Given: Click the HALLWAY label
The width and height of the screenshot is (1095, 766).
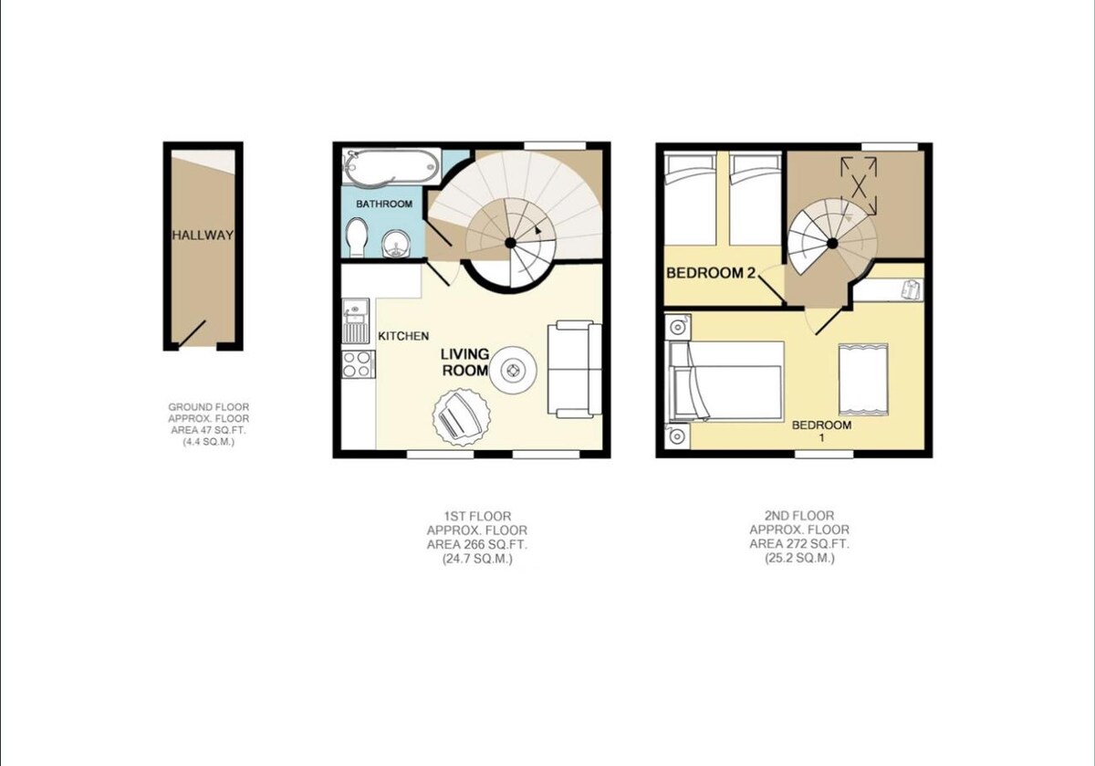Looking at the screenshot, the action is click(203, 236).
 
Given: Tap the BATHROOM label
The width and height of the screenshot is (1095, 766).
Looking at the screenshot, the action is click(384, 204).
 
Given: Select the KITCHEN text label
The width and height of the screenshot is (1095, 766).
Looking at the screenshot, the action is click(403, 336).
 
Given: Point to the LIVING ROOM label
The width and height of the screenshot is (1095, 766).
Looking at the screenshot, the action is click(464, 362).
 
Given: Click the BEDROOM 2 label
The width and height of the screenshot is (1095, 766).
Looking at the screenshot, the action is click(711, 273).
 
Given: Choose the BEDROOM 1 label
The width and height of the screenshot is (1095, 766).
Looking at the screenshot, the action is click(822, 431).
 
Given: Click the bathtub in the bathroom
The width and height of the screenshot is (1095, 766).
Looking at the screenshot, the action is click(391, 167).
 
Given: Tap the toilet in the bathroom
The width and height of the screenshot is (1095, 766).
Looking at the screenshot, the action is click(356, 237).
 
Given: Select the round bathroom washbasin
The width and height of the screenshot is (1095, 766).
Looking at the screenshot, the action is click(397, 244).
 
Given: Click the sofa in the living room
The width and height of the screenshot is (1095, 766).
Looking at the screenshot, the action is click(575, 369).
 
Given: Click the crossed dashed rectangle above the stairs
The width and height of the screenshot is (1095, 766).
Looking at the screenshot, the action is click(859, 186).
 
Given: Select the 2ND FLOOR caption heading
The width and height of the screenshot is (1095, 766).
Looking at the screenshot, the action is click(799, 515).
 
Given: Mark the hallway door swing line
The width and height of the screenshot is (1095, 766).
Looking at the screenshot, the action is click(192, 334).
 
